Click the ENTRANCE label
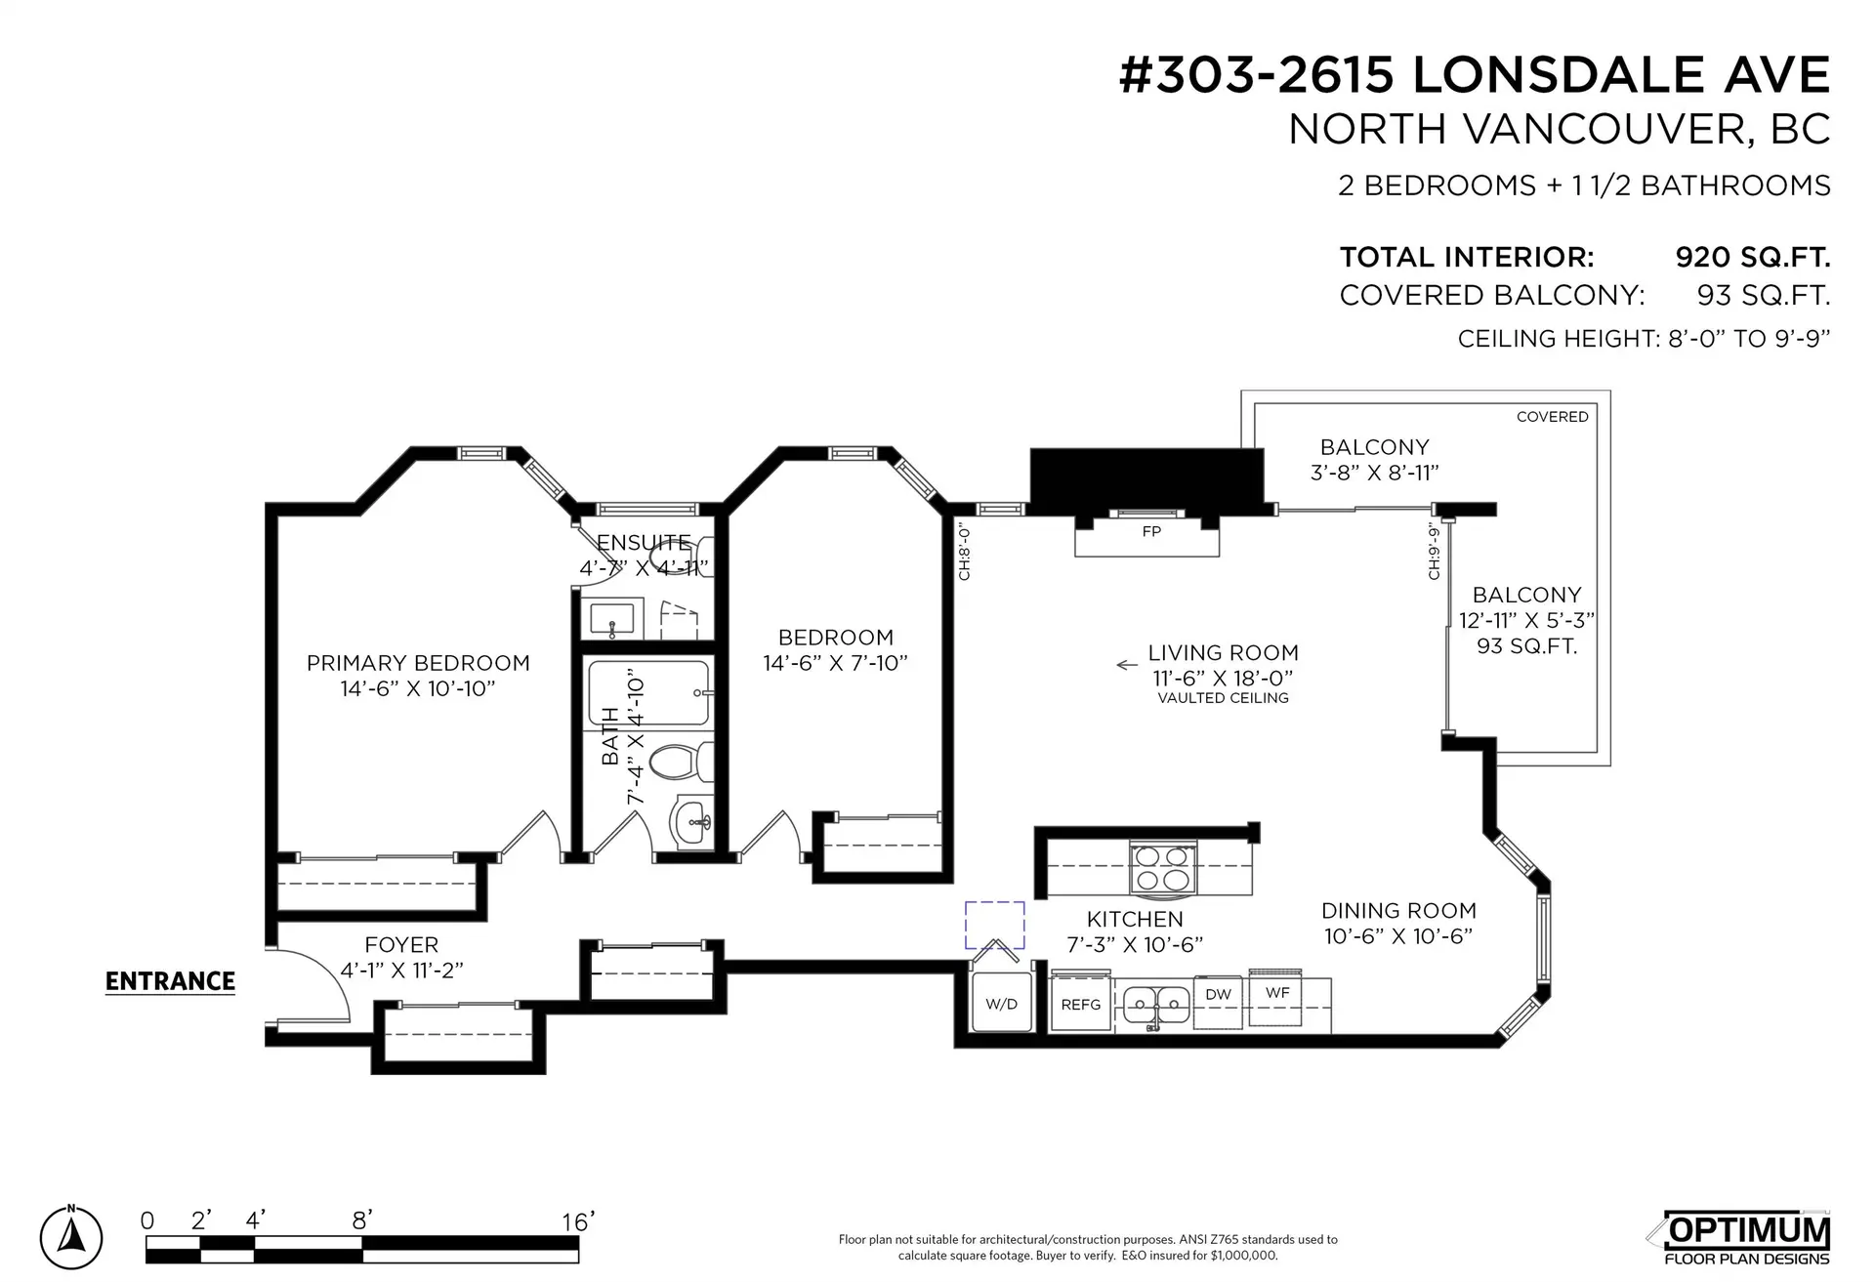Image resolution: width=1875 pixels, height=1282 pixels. pos(170,981)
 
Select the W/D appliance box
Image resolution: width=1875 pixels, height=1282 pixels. pos(1001,1003)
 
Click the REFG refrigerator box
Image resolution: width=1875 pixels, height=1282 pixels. pos(1080,1003)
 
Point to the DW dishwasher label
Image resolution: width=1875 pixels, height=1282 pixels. pos(1218,995)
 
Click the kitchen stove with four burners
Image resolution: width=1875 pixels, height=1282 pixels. pos(1162,866)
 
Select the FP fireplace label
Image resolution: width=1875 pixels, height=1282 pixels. pos(1151,532)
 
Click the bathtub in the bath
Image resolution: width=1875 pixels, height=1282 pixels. pos(647,692)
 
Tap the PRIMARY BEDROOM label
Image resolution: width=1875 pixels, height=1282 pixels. pos(418,664)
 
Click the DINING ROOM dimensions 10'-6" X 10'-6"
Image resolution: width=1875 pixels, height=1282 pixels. pos(1397,936)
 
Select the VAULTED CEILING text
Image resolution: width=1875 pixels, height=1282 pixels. pos(1223,698)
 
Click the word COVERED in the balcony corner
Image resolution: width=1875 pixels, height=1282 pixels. pos(1552,417)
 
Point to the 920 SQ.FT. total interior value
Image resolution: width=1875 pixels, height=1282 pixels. pos(1752,258)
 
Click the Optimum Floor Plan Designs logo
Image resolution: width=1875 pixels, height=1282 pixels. pos(1746,1237)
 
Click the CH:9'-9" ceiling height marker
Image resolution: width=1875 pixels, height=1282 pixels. pos(1434,551)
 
